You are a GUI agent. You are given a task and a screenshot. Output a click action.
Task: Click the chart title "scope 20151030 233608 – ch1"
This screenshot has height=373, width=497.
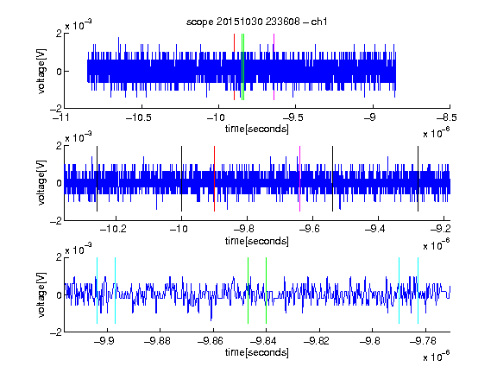(256, 22)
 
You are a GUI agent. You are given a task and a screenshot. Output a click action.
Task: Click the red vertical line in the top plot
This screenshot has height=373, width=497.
(234, 67)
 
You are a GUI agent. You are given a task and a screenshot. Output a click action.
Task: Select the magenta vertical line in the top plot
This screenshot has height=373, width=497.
(274, 67)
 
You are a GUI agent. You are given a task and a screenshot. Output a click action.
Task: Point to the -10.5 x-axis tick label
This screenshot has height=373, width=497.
(139, 117)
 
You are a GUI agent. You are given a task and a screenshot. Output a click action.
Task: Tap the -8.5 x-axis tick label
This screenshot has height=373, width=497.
(446, 117)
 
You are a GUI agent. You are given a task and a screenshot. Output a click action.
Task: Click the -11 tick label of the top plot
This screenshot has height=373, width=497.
(61, 117)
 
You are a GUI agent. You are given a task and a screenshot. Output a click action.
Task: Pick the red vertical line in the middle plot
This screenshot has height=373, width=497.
(214, 179)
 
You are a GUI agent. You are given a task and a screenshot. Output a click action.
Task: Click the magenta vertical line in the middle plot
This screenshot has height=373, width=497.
(300, 179)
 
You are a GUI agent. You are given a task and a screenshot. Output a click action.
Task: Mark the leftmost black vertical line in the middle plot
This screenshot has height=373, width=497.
(97, 179)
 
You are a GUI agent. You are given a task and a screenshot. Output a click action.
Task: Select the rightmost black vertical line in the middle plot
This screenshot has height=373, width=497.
(418, 179)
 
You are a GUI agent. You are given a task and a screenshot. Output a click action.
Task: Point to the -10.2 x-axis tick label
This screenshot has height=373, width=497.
(113, 229)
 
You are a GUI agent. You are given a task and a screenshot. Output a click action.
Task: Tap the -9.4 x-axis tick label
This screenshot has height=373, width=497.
(375, 229)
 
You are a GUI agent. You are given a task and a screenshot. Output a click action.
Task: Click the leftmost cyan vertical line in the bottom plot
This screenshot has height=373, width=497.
(97, 290)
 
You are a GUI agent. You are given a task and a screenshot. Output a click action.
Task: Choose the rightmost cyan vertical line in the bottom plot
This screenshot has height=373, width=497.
(418, 290)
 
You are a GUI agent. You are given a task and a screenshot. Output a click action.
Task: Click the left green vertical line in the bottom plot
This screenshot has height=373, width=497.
(248, 290)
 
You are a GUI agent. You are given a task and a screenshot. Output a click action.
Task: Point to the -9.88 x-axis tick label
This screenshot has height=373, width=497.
(157, 341)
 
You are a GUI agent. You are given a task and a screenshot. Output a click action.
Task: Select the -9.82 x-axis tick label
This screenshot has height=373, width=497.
(317, 341)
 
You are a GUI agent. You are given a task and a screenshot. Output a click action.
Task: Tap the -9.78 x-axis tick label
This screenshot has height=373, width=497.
(423, 341)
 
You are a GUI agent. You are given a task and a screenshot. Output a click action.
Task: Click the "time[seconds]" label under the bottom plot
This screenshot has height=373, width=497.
(257, 352)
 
